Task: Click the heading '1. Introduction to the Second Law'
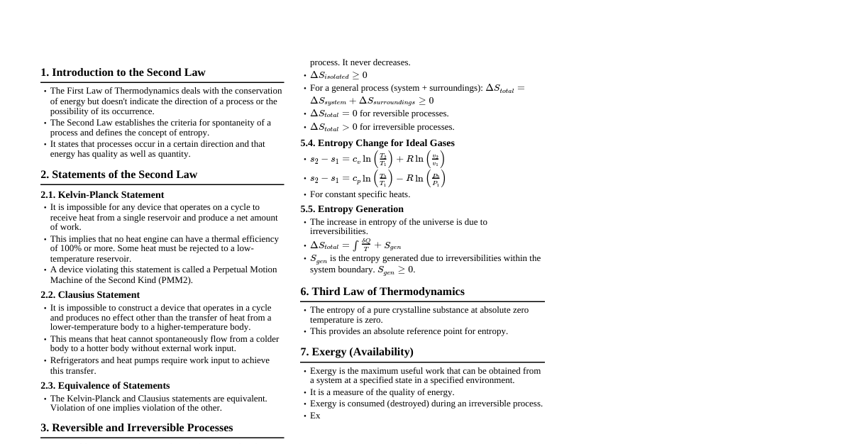coord(123,72)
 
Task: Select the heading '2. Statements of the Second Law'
coord(118,174)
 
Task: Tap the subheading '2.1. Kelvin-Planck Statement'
coord(102,195)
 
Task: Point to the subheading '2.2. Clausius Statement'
coord(90,295)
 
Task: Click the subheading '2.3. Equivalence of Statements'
coord(105,386)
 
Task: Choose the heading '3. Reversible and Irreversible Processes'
coord(136,428)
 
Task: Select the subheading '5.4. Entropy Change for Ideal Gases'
coord(377,143)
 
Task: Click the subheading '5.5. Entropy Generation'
coord(352,209)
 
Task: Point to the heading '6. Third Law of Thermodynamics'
coord(382,292)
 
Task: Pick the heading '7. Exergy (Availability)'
coord(357,352)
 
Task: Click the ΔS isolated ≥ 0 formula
coord(338,75)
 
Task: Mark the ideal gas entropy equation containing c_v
coord(377,160)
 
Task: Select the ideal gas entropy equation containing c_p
coord(377,179)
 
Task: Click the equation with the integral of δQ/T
coord(355,245)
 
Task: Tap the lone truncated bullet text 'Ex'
coord(315,416)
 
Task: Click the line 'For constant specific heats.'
coord(360,194)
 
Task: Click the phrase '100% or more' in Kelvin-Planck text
coord(76,248)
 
